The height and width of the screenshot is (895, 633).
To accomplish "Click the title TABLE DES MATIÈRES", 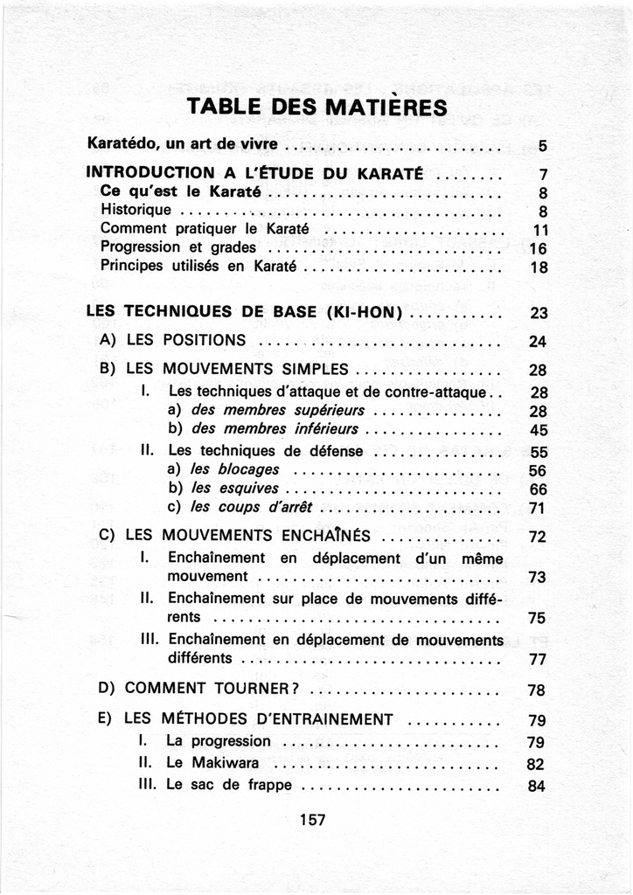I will (x=317, y=108).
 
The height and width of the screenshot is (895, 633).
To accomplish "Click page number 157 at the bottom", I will (x=312, y=820).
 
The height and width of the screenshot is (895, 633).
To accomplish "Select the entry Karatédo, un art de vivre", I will (x=183, y=143).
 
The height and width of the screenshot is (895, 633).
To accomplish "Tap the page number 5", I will (x=542, y=145).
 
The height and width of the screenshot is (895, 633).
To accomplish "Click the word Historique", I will (x=136, y=210).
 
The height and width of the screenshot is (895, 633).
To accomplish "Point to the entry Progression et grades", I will (x=178, y=247).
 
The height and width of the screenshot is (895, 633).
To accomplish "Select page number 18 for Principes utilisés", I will (x=539, y=267).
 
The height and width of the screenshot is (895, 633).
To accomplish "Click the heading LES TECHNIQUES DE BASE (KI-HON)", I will (x=245, y=312).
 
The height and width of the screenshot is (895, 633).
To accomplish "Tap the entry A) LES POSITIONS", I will (x=173, y=340).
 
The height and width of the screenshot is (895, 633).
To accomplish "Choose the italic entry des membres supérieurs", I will (x=277, y=411).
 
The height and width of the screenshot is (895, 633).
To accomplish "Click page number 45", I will (x=538, y=430).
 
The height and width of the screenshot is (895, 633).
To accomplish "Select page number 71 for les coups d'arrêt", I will (x=538, y=508).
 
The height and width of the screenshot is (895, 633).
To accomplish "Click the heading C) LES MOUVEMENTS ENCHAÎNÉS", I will (x=236, y=535).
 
